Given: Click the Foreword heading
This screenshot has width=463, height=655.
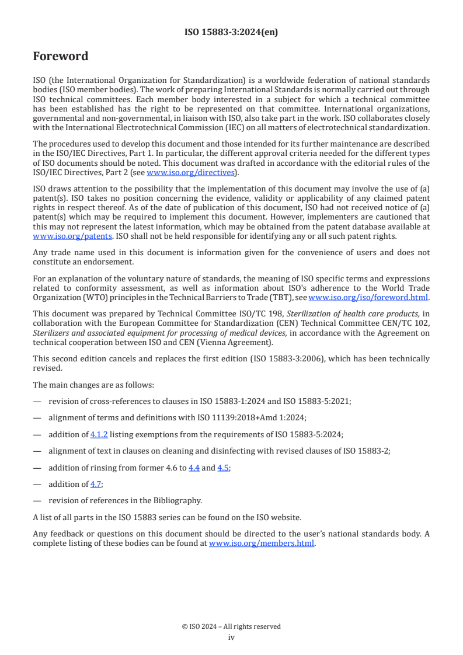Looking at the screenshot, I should [x=60, y=57].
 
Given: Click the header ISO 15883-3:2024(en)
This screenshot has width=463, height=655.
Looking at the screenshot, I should [x=231, y=33].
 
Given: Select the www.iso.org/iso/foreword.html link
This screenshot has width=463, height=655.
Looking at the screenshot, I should [x=368, y=297].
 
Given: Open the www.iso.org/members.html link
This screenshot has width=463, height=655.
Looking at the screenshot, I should [x=262, y=543].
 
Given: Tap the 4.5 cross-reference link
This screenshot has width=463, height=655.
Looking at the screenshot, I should [x=223, y=468].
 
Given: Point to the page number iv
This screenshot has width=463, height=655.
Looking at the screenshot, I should [x=231, y=637].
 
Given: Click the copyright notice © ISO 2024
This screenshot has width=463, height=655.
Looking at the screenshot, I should [x=231, y=626].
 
